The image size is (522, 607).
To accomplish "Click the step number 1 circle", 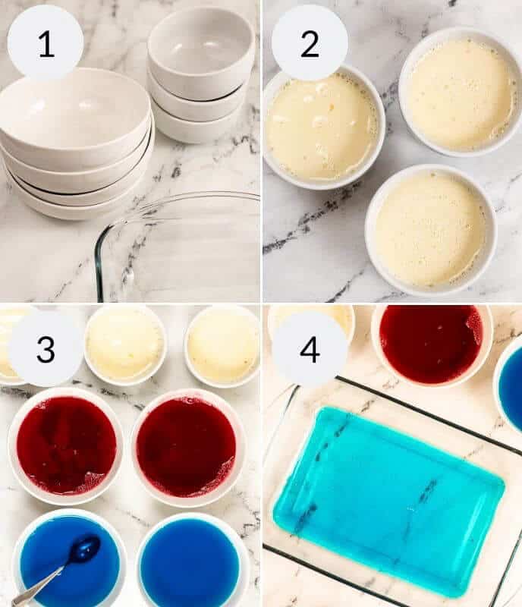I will click(x=45, y=43).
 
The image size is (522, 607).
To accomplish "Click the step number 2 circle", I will click(x=309, y=43).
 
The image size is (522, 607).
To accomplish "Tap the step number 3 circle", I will click(x=45, y=349).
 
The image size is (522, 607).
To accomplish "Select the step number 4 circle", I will click(x=309, y=349).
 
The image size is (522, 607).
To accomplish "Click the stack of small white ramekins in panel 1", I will click(x=200, y=76).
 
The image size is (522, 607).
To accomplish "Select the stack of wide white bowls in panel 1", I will click(x=76, y=144).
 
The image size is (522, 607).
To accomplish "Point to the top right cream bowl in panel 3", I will click(x=222, y=346).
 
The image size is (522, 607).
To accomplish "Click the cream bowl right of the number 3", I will click(x=125, y=344).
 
